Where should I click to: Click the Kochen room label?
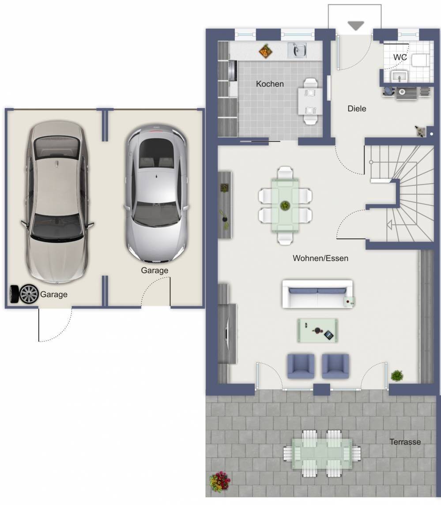click(270, 84)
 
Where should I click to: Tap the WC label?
click(400, 57)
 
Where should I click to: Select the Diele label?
click(357, 109)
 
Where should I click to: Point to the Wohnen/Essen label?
click(320, 258)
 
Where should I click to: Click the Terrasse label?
click(405, 441)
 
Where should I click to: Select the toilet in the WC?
click(419, 60)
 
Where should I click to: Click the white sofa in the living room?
click(318, 294)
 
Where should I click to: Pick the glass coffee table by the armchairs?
click(317, 331)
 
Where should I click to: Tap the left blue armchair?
click(301, 366)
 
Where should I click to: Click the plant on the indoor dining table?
click(285, 205)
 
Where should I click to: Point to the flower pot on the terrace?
click(220, 482)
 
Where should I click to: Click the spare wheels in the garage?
click(24, 294)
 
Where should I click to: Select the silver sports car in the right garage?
click(157, 194)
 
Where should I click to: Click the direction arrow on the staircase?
click(389, 225)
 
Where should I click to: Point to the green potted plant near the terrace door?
click(397, 376)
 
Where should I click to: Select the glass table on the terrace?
click(322, 453)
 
